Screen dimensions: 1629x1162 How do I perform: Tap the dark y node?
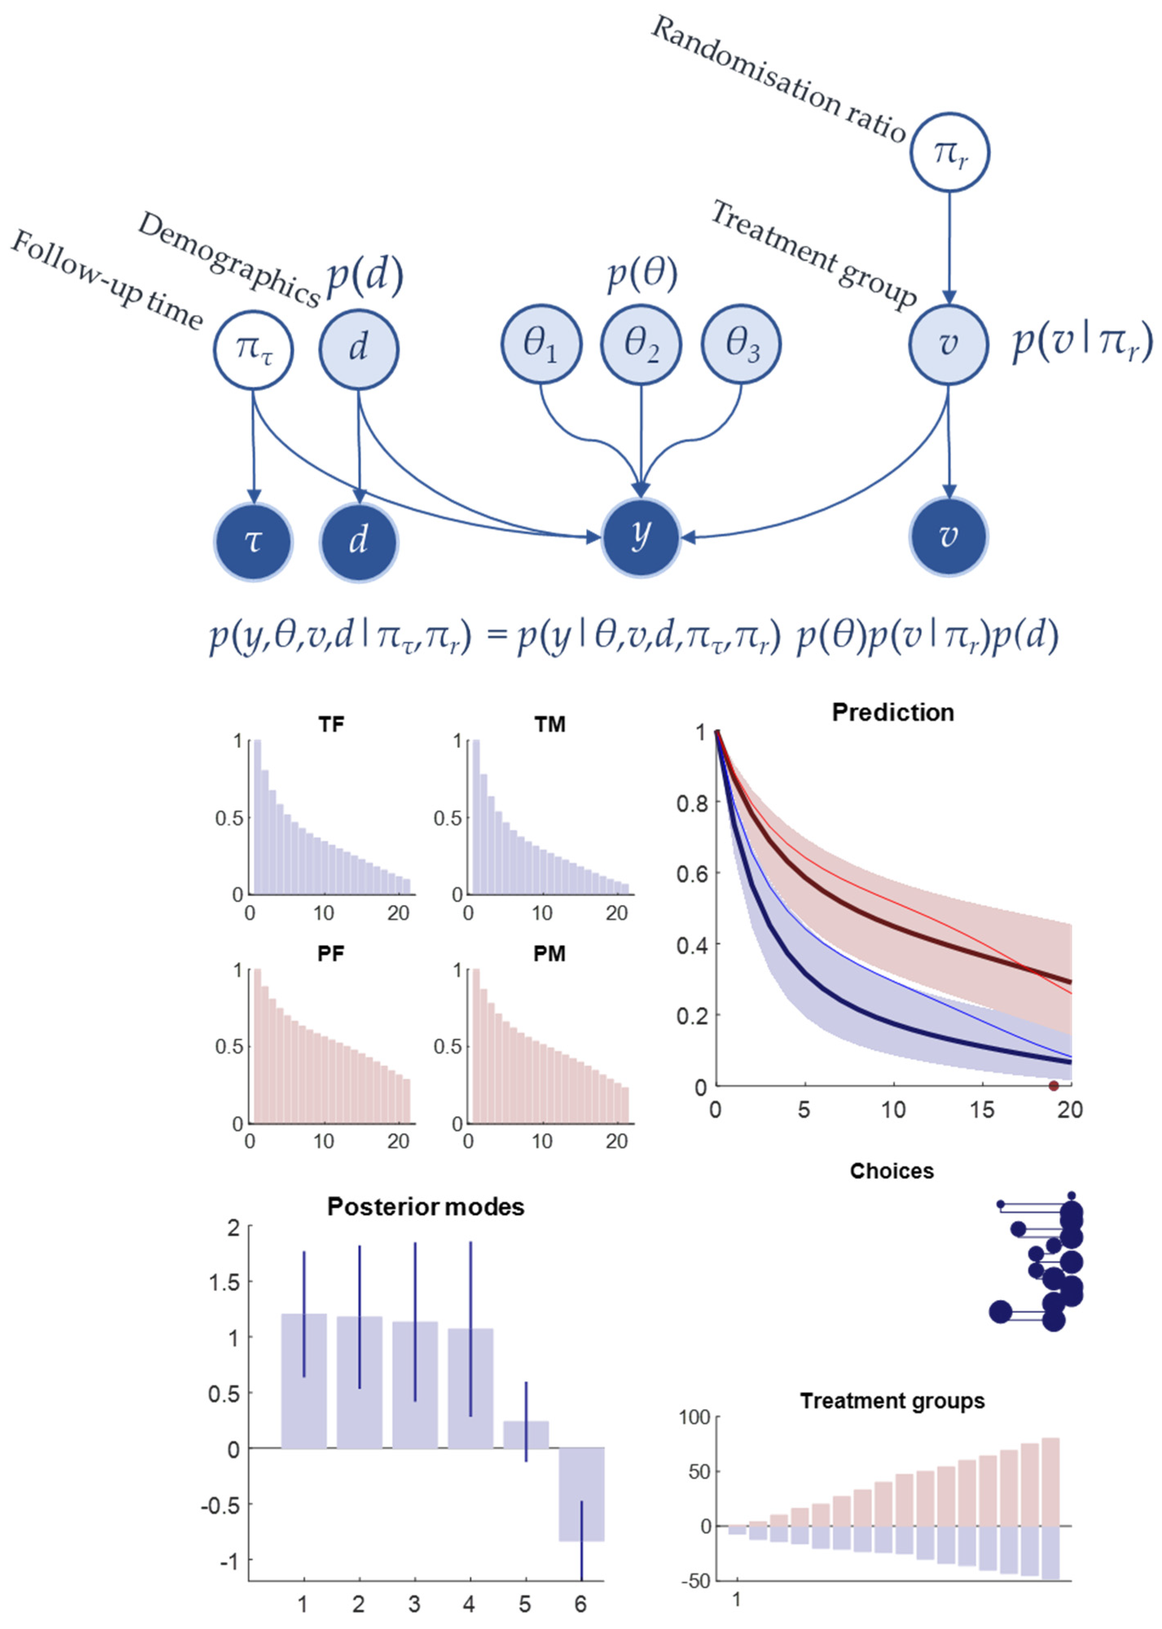pyautogui.click(x=640, y=536)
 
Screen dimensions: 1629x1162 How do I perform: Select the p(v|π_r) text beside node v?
pyautogui.click(x=1081, y=342)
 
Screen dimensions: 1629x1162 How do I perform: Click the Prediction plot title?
pyautogui.click(x=892, y=712)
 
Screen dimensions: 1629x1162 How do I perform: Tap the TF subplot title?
pyautogui.click(x=331, y=725)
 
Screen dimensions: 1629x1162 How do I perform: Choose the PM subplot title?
pyautogui.click(x=549, y=954)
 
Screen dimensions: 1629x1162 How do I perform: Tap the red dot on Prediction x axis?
pyautogui.click(x=1053, y=1086)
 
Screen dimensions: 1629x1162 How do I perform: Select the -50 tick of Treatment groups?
pyautogui.click(x=696, y=1581)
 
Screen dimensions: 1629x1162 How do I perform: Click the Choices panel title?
pyautogui.click(x=892, y=1171)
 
